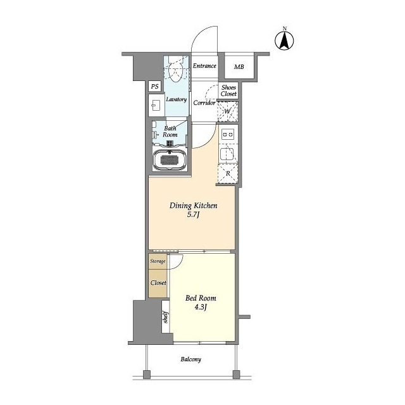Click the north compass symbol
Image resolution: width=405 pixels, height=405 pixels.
(284, 40)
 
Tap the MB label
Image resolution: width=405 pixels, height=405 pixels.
(239, 67)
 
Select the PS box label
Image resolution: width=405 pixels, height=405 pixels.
(154, 86)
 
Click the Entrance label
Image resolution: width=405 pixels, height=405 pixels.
(204, 66)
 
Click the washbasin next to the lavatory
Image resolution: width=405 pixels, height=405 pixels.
(156, 106)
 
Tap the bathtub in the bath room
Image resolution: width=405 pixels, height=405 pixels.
(170, 160)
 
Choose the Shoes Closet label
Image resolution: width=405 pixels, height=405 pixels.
(228, 90)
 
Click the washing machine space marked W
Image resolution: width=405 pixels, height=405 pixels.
(228, 111)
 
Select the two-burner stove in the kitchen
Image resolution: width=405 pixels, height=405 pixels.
(228, 135)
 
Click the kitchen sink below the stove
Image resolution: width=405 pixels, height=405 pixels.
(227, 154)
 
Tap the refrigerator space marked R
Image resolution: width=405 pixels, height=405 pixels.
(228, 173)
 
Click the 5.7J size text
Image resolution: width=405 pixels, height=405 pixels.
(193, 215)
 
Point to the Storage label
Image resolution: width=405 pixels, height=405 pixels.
(158, 261)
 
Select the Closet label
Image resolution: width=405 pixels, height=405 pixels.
(158, 283)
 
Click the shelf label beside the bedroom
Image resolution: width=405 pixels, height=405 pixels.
(166, 317)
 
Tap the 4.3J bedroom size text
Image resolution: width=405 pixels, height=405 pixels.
(201, 307)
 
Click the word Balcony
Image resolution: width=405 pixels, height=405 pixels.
(191, 359)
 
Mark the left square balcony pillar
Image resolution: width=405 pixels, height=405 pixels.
(146, 374)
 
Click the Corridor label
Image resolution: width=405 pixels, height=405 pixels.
(204, 103)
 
